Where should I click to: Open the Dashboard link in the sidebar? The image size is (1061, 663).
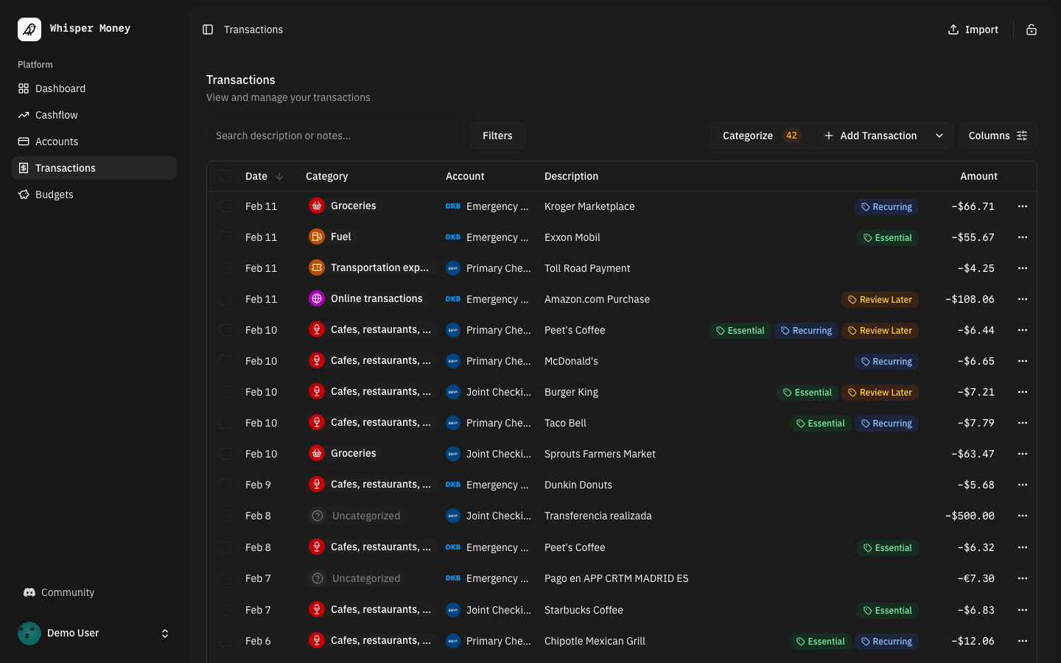(x=60, y=88)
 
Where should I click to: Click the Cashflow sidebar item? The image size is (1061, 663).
(x=56, y=115)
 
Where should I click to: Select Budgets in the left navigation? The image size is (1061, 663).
(x=54, y=194)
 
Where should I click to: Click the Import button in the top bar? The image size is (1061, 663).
(x=973, y=29)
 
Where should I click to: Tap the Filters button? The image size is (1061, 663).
(x=497, y=136)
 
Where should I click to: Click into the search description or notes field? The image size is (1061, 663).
(x=335, y=136)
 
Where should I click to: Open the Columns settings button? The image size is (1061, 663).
(x=998, y=136)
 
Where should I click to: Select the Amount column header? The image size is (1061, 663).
(x=978, y=176)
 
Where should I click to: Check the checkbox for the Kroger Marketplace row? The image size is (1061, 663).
(x=225, y=206)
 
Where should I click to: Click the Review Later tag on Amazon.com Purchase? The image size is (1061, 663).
(x=880, y=300)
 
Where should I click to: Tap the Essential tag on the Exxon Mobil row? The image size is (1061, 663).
(x=888, y=238)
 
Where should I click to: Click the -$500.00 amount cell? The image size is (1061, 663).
(x=970, y=516)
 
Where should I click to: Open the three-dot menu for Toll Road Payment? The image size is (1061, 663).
(x=1022, y=268)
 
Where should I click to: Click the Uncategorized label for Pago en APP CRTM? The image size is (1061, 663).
(x=365, y=578)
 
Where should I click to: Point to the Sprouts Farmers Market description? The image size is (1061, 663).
(x=600, y=454)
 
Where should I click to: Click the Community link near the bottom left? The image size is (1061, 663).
(x=67, y=592)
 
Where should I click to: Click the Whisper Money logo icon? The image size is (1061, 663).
(x=29, y=29)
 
